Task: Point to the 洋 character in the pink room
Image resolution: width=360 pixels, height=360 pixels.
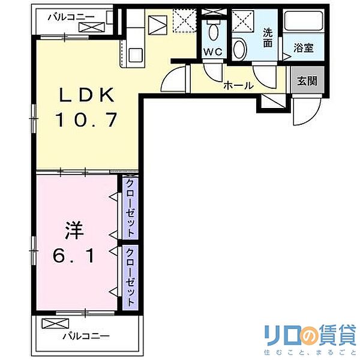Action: [72, 230]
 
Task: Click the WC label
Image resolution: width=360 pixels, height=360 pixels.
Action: [212, 52]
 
